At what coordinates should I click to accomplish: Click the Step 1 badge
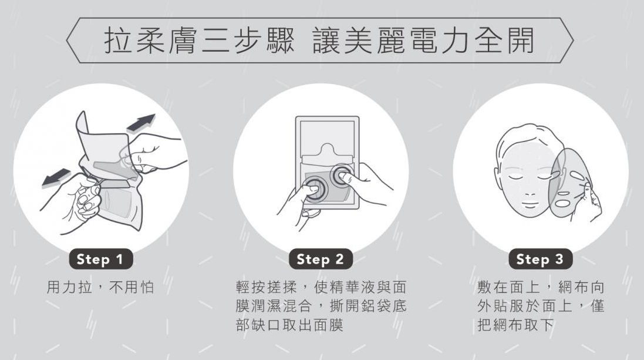[100, 260]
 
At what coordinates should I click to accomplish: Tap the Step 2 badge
[321, 260]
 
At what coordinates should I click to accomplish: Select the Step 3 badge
[540, 260]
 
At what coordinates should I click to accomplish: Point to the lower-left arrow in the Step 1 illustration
[56, 179]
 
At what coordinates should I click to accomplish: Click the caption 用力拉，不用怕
[100, 287]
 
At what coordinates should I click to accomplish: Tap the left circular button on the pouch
[315, 189]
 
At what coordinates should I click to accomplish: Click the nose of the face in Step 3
[530, 190]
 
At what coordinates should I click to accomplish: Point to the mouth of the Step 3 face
[530, 203]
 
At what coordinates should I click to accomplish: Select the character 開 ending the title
[520, 41]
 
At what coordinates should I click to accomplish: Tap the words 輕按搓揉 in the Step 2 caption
[267, 287]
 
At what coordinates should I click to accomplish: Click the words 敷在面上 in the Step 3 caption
[508, 287]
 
